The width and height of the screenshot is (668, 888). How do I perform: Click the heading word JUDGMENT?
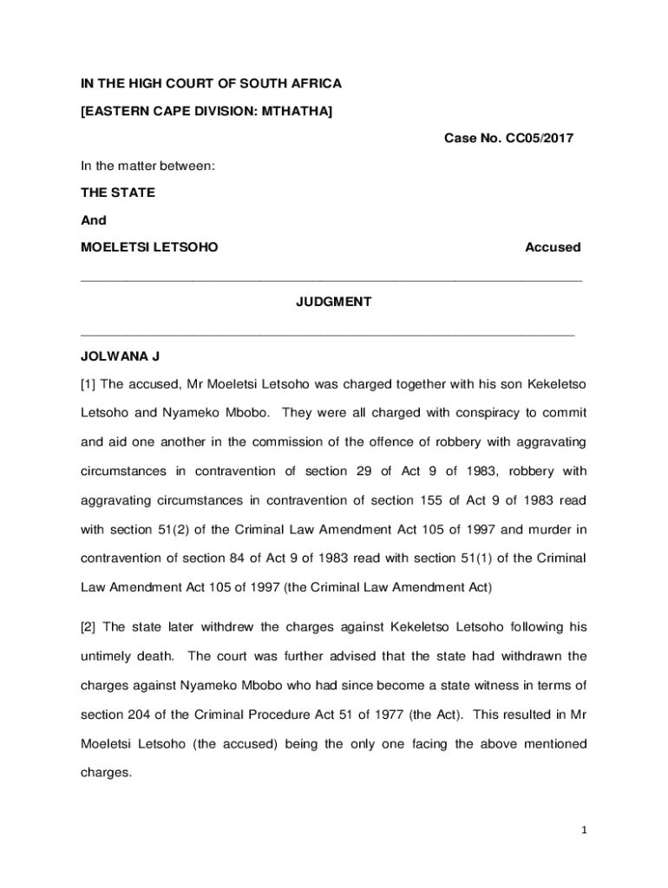pos(333,302)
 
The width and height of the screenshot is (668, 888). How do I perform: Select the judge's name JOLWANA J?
pos(121,357)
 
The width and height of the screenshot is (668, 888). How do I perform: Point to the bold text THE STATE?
pos(118,193)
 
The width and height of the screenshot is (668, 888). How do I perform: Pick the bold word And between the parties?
pos(94,220)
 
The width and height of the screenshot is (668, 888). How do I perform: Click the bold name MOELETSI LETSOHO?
pos(149,247)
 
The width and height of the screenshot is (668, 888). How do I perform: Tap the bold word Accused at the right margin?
pos(553,247)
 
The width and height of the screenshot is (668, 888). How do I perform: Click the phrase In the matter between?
pos(147,165)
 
